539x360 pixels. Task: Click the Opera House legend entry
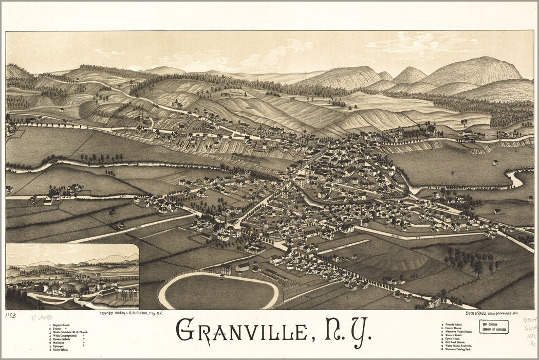point(454,339)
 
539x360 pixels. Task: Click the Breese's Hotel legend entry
point(455,336)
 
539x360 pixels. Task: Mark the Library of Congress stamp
point(493,327)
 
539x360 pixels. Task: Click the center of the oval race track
point(218,292)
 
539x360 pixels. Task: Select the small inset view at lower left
point(72,276)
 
